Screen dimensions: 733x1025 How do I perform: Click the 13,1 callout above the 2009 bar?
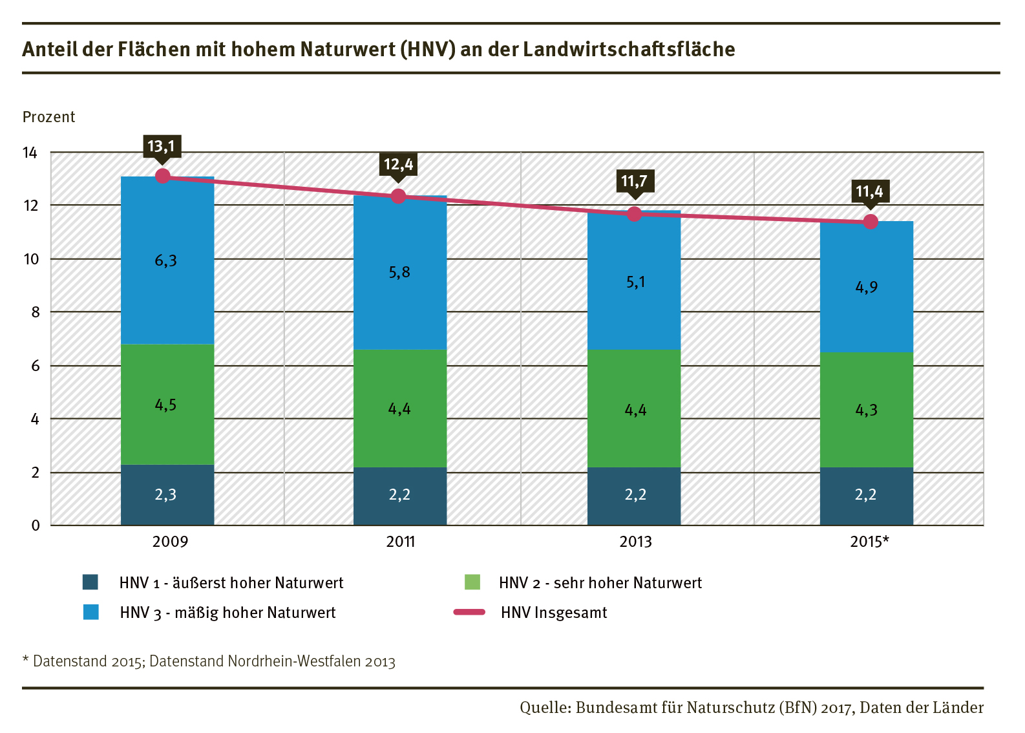tap(162, 146)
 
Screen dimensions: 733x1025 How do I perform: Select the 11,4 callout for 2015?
tap(869, 191)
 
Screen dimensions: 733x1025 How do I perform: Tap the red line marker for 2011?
tap(399, 196)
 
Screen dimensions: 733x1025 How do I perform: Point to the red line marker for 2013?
tap(635, 214)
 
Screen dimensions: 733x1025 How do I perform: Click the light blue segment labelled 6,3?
tap(167, 260)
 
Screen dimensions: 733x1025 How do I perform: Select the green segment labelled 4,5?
tap(167, 405)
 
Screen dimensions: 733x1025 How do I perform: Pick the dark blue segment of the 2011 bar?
tap(400, 495)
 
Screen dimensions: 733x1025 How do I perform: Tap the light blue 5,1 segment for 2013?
tap(634, 282)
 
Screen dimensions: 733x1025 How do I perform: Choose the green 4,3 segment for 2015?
tap(867, 410)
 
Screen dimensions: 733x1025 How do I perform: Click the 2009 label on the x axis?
tap(170, 542)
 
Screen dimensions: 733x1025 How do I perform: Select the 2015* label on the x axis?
tap(869, 542)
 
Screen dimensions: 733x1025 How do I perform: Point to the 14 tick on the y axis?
tap(30, 153)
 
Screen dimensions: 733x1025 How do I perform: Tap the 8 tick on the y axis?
tap(35, 312)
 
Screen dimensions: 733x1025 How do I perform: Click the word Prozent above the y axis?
tap(49, 117)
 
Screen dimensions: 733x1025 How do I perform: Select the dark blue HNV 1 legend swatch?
tap(90, 582)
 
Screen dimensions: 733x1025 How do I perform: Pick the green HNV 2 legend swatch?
tap(472, 582)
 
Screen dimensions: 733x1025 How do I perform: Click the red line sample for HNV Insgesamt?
tap(470, 612)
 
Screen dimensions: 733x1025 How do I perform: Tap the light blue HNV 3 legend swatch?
tap(91, 612)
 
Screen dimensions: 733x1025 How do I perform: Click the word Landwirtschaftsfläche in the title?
tap(629, 49)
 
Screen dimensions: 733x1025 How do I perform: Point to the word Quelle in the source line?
tap(544, 708)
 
